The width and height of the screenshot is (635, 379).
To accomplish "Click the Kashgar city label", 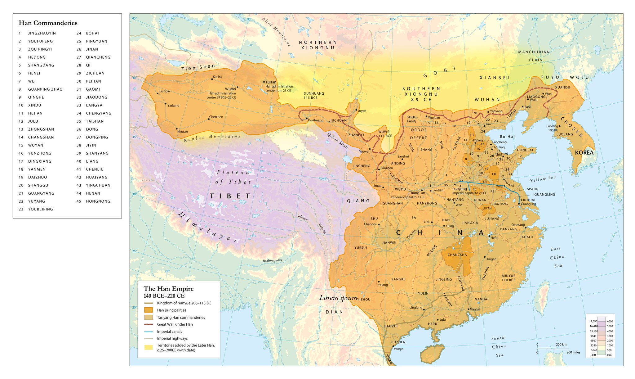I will pos(164,91).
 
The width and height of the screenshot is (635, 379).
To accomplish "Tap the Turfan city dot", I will pos(264,82).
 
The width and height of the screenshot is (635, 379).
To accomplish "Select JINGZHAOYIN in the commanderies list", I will pos(42,33).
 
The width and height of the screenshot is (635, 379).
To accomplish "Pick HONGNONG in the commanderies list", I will pos(98,201).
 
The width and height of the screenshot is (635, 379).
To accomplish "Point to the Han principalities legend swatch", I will pos(149,310).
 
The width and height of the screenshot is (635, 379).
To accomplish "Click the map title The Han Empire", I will pos(168,289).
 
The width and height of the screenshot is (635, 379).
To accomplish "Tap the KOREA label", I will pos(584,152).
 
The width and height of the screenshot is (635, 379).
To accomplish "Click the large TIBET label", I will pos(230,196).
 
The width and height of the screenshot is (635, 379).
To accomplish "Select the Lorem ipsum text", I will pos(338,298).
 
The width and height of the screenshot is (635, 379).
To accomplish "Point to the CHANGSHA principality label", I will pos(457,255).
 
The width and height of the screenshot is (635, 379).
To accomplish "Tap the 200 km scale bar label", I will pos(561,345).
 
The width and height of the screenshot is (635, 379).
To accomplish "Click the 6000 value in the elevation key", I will pos(610,321).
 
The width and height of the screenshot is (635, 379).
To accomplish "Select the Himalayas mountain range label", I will pos(208,227).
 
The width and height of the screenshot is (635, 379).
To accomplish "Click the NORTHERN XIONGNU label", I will pos(318,45).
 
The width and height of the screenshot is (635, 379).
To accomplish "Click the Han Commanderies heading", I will pos(48,23).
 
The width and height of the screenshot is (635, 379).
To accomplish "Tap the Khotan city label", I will pos(182,132).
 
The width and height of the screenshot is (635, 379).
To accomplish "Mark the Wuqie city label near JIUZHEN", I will pos(398,349).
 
